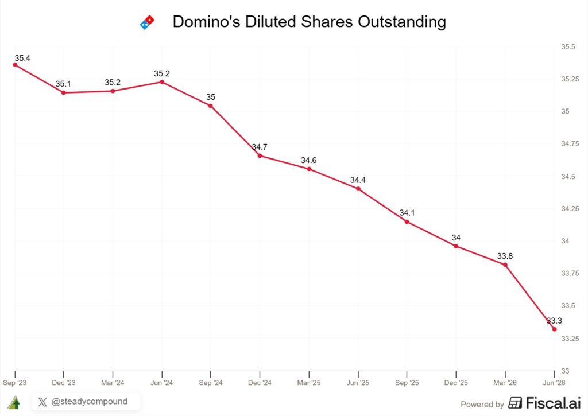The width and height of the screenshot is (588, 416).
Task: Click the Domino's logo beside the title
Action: coord(147,22)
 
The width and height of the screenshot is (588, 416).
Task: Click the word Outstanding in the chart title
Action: coord(402,22)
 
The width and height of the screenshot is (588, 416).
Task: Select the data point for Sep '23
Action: coord(15,65)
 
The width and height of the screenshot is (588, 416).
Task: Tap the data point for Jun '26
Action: coord(554,329)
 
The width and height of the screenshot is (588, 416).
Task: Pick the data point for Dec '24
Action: coord(260,155)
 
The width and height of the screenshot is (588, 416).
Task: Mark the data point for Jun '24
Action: coord(162,81)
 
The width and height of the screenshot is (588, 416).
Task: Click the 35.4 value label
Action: coord(22,58)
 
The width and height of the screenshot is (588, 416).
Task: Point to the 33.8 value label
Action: coord(505,256)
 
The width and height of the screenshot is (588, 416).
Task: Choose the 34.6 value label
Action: coord(308,160)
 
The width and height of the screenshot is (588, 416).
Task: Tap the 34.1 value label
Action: coord(407,212)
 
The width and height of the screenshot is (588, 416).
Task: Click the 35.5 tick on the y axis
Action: coord(568,47)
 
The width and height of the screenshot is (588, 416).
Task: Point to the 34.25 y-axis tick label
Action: coord(570,208)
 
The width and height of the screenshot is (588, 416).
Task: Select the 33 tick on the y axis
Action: coord(565,371)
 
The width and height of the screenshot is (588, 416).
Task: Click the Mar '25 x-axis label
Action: coord(308,383)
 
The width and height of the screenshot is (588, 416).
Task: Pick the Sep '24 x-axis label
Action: coord(210,383)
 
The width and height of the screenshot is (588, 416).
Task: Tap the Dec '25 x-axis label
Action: coord(456,383)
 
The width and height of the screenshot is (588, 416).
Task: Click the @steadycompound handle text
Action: coord(89,402)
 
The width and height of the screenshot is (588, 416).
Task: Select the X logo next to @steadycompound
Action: coord(42,402)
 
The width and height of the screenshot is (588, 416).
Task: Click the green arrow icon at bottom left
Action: coord(14,402)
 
